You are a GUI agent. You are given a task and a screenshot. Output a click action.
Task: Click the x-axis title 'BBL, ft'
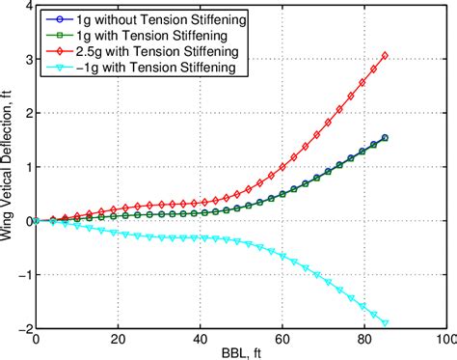(239, 352)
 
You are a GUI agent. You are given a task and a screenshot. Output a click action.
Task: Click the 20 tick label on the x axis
(117, 338)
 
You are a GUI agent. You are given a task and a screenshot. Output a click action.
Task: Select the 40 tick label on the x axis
(199, 338)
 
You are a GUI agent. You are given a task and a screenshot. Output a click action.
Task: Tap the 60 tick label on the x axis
(281, 338)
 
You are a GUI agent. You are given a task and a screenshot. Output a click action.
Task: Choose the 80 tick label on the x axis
(363, 338)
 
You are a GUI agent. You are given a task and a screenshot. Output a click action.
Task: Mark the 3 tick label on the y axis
(25, 60)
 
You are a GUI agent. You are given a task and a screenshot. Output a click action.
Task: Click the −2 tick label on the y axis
(21, 328)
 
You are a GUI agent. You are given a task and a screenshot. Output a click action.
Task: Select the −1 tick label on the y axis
(21, 274)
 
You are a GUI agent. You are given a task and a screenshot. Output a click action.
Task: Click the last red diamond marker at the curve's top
(385, 56)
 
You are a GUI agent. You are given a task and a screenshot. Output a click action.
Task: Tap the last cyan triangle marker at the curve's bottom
(385, 323)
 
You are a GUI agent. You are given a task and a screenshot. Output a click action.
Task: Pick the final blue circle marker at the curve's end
(385, 138)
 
